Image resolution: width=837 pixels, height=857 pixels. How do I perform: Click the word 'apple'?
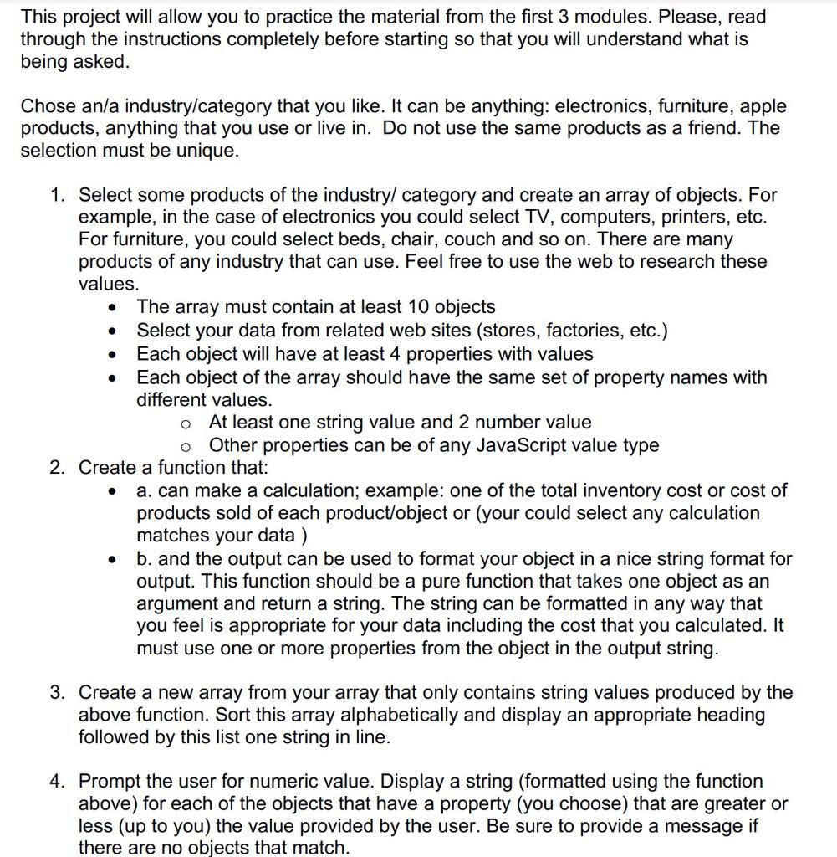coord(759,106)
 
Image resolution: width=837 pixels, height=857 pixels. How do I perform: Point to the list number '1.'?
coord(58,195)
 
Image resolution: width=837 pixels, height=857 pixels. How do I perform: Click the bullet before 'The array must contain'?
coord(112,307)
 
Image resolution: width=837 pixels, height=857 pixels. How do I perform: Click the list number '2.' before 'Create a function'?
coord(58,467)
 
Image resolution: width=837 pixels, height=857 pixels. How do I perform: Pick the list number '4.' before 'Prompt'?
coord(58,781)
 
